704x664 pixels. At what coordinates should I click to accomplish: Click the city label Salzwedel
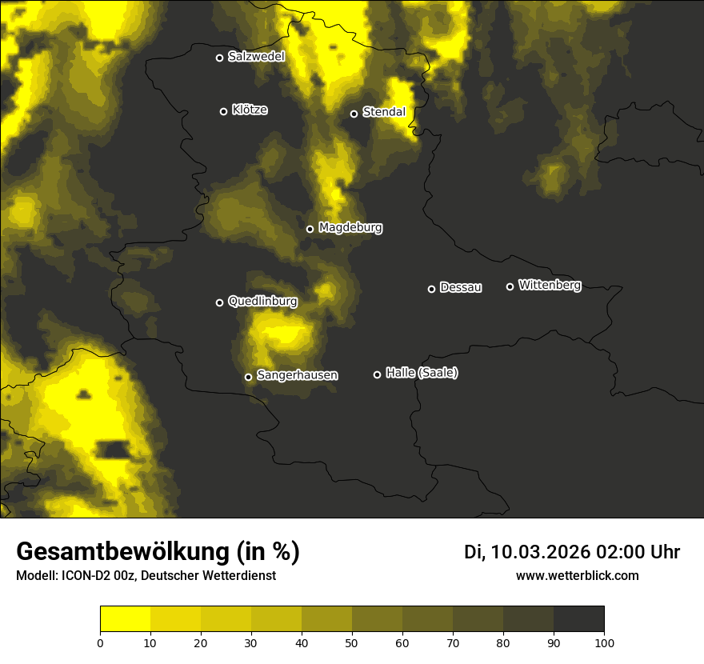tap(256, 57)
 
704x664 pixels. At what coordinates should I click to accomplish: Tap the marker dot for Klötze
tap(224, 111)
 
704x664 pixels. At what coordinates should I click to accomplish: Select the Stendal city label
tap(384, 112)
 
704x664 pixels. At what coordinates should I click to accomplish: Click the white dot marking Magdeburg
tap(310, 229)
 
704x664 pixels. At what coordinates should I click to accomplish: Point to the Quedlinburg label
tap(262, 302)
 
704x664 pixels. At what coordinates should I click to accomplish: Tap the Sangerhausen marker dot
tap(249, 377)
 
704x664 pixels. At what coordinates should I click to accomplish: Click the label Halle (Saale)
tap(422, 373)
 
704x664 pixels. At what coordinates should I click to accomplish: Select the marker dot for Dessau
tap(432, 289)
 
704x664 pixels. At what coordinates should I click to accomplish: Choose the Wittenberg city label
tap(550, 285)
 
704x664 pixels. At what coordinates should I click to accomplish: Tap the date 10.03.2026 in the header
tap(540, 552)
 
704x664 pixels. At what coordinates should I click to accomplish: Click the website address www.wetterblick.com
tap(577, 575)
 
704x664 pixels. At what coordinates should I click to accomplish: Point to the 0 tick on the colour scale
tap(100, 642)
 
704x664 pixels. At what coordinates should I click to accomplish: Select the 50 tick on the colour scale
tap(352, 642)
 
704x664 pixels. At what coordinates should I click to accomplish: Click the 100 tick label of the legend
tap(604, 642)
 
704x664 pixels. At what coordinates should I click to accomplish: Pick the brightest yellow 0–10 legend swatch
tap(126, 618)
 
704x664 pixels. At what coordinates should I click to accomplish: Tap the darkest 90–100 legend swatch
tap(578, 618)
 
